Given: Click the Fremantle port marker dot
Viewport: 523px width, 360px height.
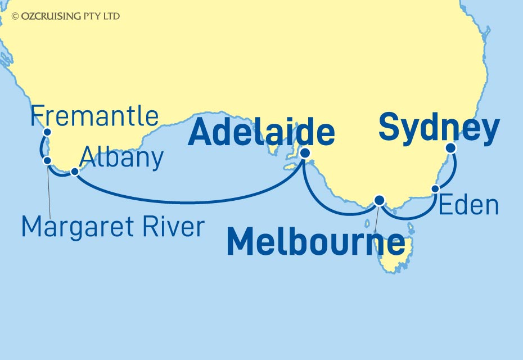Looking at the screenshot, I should [x=47, y=132].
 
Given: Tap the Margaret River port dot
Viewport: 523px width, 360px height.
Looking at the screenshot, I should [x=48, y=160].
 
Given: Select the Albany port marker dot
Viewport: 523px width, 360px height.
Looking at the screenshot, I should [x=74, y=171].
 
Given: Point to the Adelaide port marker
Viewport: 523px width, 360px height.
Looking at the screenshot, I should [x=305, y=152].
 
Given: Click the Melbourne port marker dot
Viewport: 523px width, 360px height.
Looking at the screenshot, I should [x=380, y=200].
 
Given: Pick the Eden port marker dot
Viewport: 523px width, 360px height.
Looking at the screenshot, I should [x=435, y=189].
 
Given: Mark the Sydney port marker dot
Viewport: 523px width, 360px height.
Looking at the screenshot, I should [x=450, y=148].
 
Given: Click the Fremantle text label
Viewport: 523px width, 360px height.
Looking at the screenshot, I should [x=94, y=116].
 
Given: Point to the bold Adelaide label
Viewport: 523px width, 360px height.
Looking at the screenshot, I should [x=261, y=133].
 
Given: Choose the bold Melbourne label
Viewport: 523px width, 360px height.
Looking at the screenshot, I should [x=315, y=244].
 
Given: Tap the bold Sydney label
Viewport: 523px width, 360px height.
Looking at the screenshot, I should [x=439, y=128].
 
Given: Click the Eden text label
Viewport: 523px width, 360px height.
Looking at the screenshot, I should [x=468, y=206].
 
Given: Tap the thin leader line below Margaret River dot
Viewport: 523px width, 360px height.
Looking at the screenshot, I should [x=50, y=191].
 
